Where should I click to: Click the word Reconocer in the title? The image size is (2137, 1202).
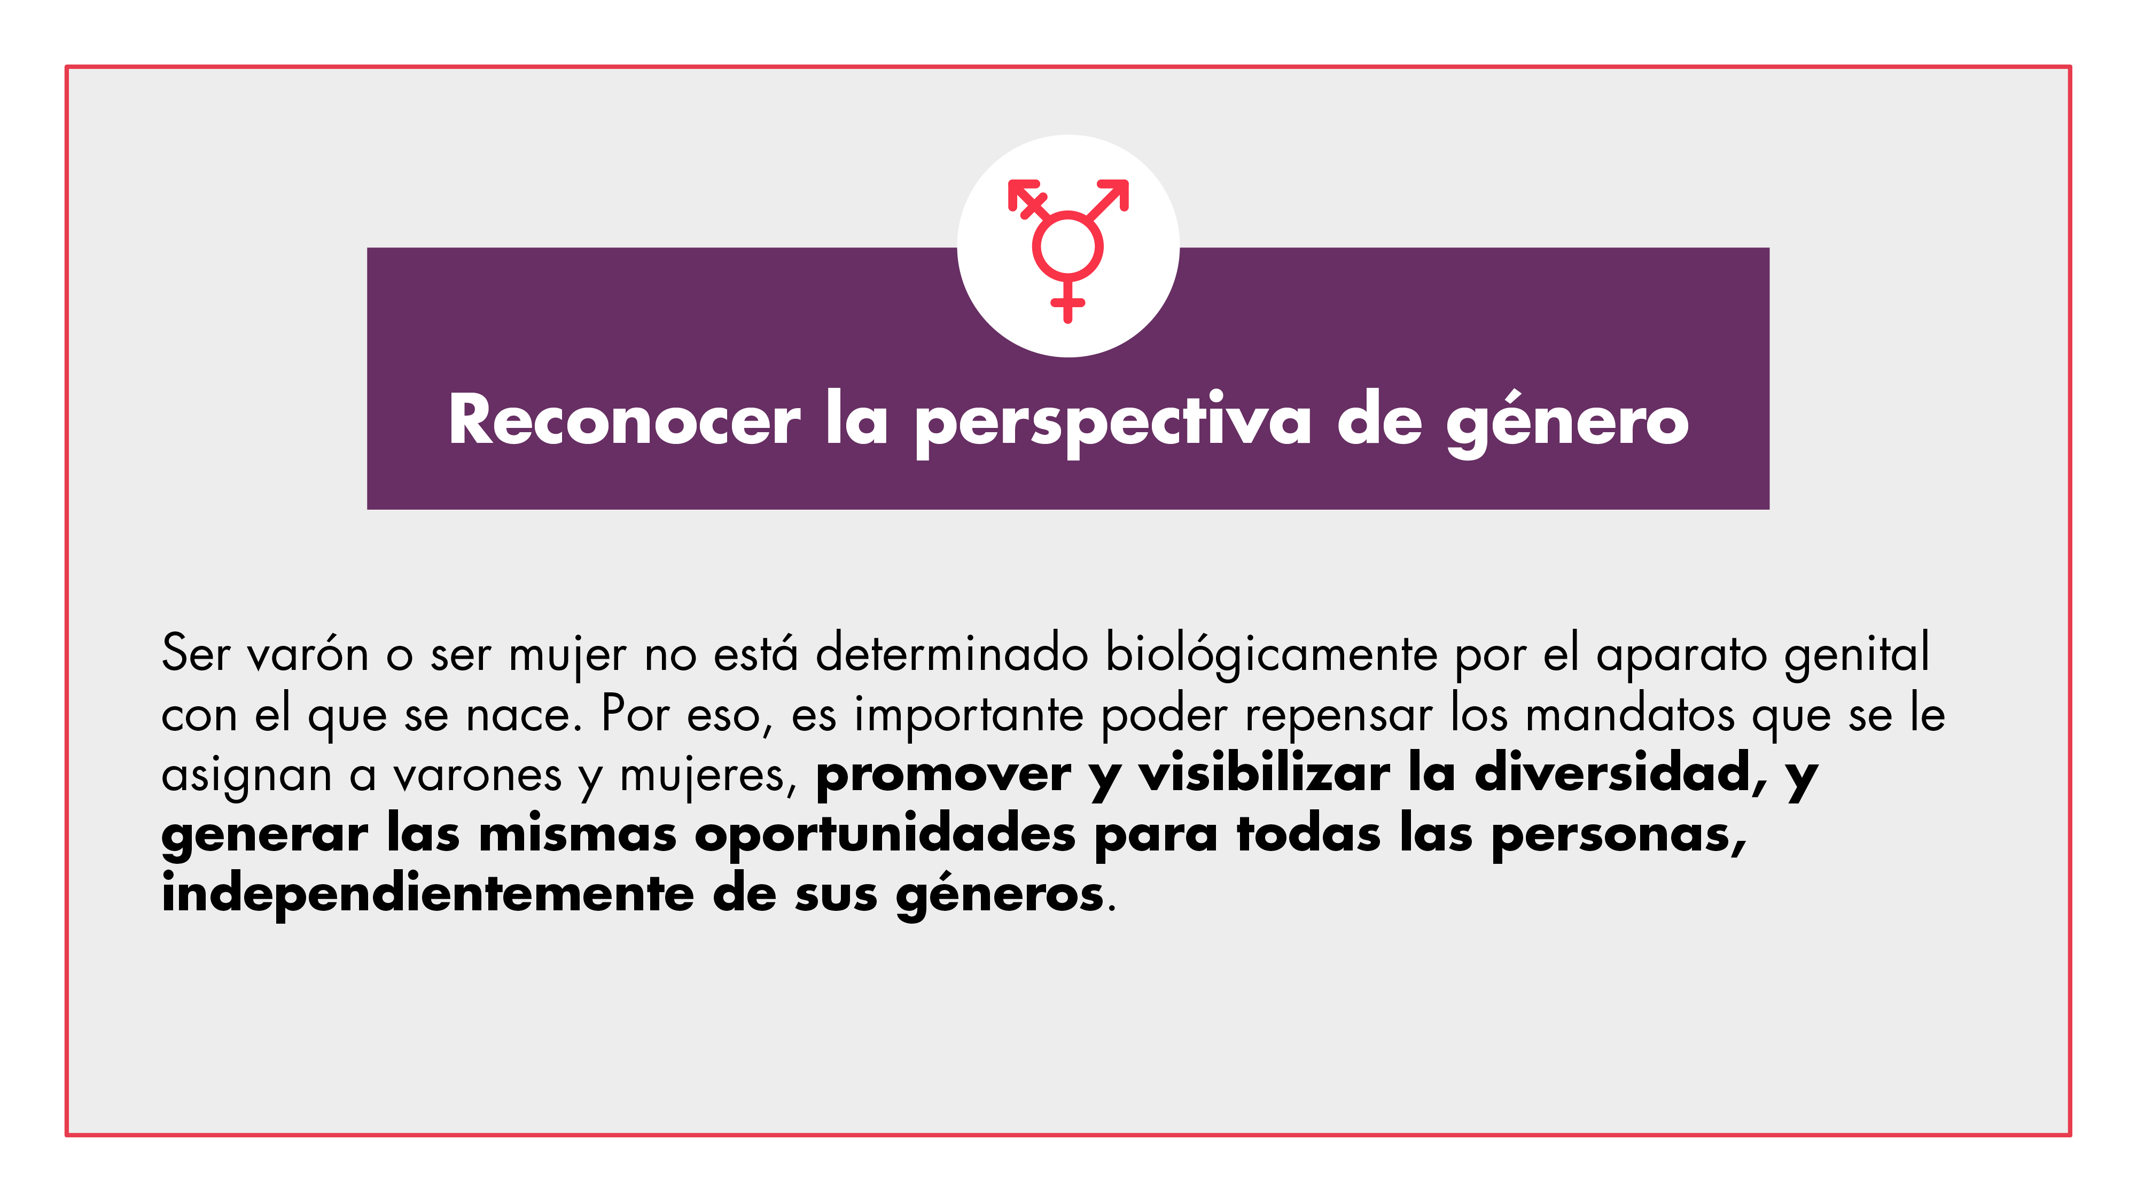625,420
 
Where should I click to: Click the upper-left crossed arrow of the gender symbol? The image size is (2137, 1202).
1028,199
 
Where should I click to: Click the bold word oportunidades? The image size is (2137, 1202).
885,834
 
